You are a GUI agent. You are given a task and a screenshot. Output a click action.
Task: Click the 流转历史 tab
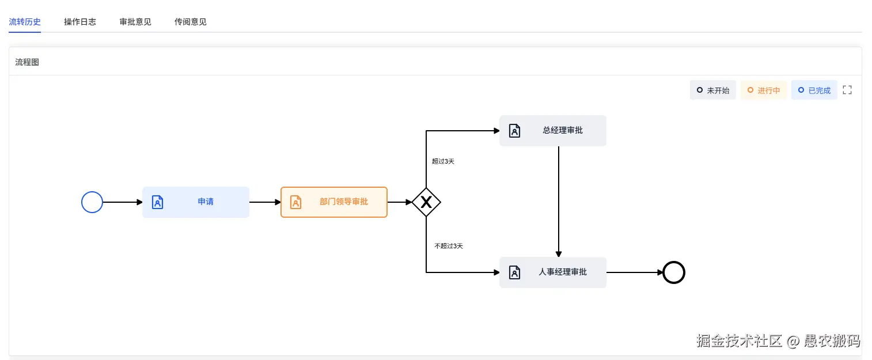(x=25, y=22)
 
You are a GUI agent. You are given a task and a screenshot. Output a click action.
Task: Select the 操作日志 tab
(x=80, y=22)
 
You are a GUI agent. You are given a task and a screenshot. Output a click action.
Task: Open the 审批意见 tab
(x=135, y=22)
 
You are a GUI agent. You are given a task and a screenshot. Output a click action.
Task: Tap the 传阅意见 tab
(x=191, y=22)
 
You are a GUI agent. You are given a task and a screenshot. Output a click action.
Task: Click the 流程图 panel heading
(x=27, y=62)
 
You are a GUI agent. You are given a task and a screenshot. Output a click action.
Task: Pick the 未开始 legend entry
(x=713, y=90)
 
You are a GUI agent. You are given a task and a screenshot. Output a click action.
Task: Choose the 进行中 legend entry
(x=764, y=90)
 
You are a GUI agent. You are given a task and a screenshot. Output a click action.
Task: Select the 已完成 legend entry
(x=814, y=90)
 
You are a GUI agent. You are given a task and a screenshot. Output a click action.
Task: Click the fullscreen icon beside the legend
(x=847, y=90)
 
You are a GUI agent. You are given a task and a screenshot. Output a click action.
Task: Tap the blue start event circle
(x=92, y=202)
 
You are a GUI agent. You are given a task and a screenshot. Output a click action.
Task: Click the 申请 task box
(x=196, y=202)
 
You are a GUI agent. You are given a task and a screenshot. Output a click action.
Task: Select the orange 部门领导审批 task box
(x=334, y=202)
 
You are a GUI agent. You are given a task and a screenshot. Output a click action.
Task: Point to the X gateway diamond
(x=426, y=202)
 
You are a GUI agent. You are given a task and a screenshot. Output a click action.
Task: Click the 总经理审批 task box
(x=553, y=131)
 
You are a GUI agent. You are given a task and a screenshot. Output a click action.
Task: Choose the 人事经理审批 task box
(x=553, y=272)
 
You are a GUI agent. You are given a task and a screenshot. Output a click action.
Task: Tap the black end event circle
(x=674, y=272)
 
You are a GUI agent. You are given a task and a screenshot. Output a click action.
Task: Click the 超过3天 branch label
(x=443, y=161)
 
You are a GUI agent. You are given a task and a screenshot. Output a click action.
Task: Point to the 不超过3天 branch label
(x=449, y=246)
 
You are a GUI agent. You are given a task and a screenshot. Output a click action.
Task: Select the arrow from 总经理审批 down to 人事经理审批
(x=559, y=202)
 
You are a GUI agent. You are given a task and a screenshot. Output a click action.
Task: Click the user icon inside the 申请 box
(x=157, y=202)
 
